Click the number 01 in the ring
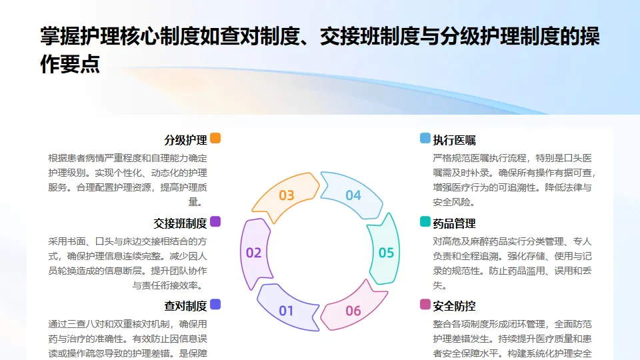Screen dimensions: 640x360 pyautogui.click(x=286, y=311)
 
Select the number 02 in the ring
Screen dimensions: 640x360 pyautogui.click(x=254, y=253)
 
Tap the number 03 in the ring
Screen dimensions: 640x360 pyautogui.click(x=287, y=195)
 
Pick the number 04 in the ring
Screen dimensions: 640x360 pyautogui.click(x=353, y=195)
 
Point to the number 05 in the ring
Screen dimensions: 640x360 pyautogui.click(x=386, y=253)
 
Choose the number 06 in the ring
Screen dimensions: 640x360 pyautogui.click(x=353, y=311)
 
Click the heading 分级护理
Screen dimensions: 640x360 pyautogui.click(x=185, y=140)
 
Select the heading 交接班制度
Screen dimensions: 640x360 pyautogui.click(x=180, y=223)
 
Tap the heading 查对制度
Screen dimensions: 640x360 pyautogui.click(x=185, y=306)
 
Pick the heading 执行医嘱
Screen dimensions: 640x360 pyautogui.click(x=454, y=140)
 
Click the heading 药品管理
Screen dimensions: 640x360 pyautogui.click(x=454, y=223)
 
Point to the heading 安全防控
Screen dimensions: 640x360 pyautogui.click(x=454, y=306)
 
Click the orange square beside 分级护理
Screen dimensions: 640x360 pyautogui.click(x=215, y=139)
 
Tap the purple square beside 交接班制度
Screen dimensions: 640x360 pyautogui.click(x=215, y=221)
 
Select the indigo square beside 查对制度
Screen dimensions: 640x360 pyautogui.click(x=215, y=305)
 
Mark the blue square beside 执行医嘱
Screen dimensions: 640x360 pyautogui.click(x=425, y=139)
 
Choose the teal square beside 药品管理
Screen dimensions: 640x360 pyautogui.click(x=425, y=221)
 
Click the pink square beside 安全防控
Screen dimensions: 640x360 pyautogui.click(x=425, y=305)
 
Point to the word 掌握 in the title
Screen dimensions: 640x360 pyautogui.click(x=55, y=37)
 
